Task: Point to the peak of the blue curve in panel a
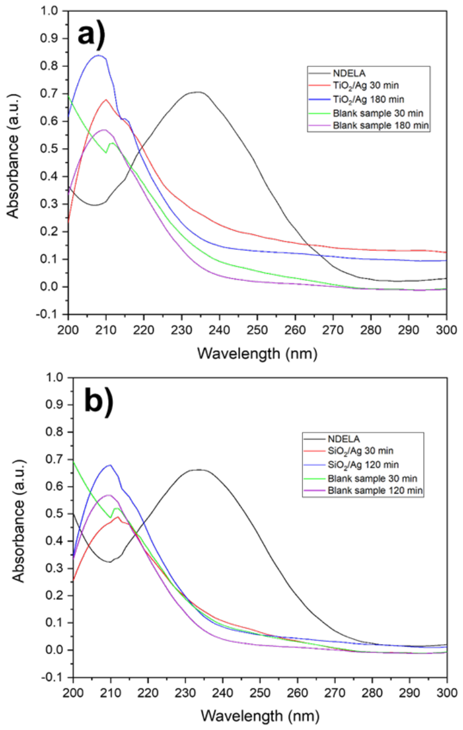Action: tap(98, 55)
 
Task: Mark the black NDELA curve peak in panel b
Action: tap(200, 469)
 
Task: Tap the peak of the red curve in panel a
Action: tap(106, 100)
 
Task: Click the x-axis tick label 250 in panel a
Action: tap(258, 330)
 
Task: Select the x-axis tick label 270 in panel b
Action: tap(335, 693)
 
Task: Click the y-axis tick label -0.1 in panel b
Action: tap(51, 678)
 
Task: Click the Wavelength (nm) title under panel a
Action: tap(257, 354)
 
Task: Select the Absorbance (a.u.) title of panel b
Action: tap(18, 521)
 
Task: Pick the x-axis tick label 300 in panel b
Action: tap(447, 693)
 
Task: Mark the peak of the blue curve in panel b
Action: tap(110, 465)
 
